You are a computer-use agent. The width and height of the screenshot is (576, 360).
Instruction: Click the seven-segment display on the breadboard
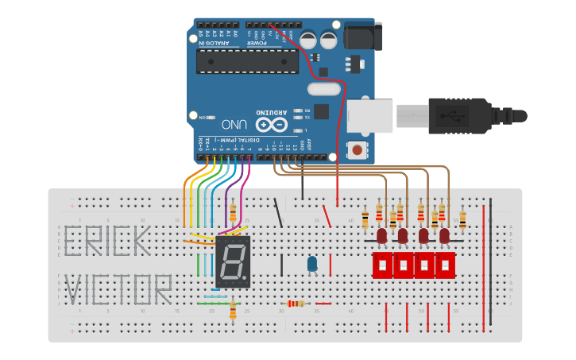point(233,261)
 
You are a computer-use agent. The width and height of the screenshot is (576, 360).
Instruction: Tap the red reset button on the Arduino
point(358,149)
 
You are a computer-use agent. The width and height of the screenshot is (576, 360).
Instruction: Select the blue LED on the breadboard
point(312,263)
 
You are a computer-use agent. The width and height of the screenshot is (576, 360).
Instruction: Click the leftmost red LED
point(382,236)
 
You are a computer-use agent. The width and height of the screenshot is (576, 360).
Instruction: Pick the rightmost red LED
point(444,236)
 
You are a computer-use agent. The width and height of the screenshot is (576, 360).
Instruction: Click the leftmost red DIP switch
point(383,265)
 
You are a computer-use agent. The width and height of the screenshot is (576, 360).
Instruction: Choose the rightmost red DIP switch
point(444,265)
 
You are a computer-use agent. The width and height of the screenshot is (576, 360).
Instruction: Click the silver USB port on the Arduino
point(369,116)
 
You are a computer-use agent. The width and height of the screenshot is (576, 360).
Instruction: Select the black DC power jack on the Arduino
point(363,37)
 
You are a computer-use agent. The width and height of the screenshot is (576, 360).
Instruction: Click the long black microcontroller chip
point(247,61)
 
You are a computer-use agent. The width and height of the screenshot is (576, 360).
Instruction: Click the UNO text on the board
point(234,125)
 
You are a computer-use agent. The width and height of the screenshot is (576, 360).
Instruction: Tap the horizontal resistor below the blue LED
point(296,303)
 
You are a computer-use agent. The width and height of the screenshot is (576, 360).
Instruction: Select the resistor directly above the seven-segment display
point(233,212)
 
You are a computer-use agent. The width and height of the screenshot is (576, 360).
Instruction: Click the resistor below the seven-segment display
point(233,310)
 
